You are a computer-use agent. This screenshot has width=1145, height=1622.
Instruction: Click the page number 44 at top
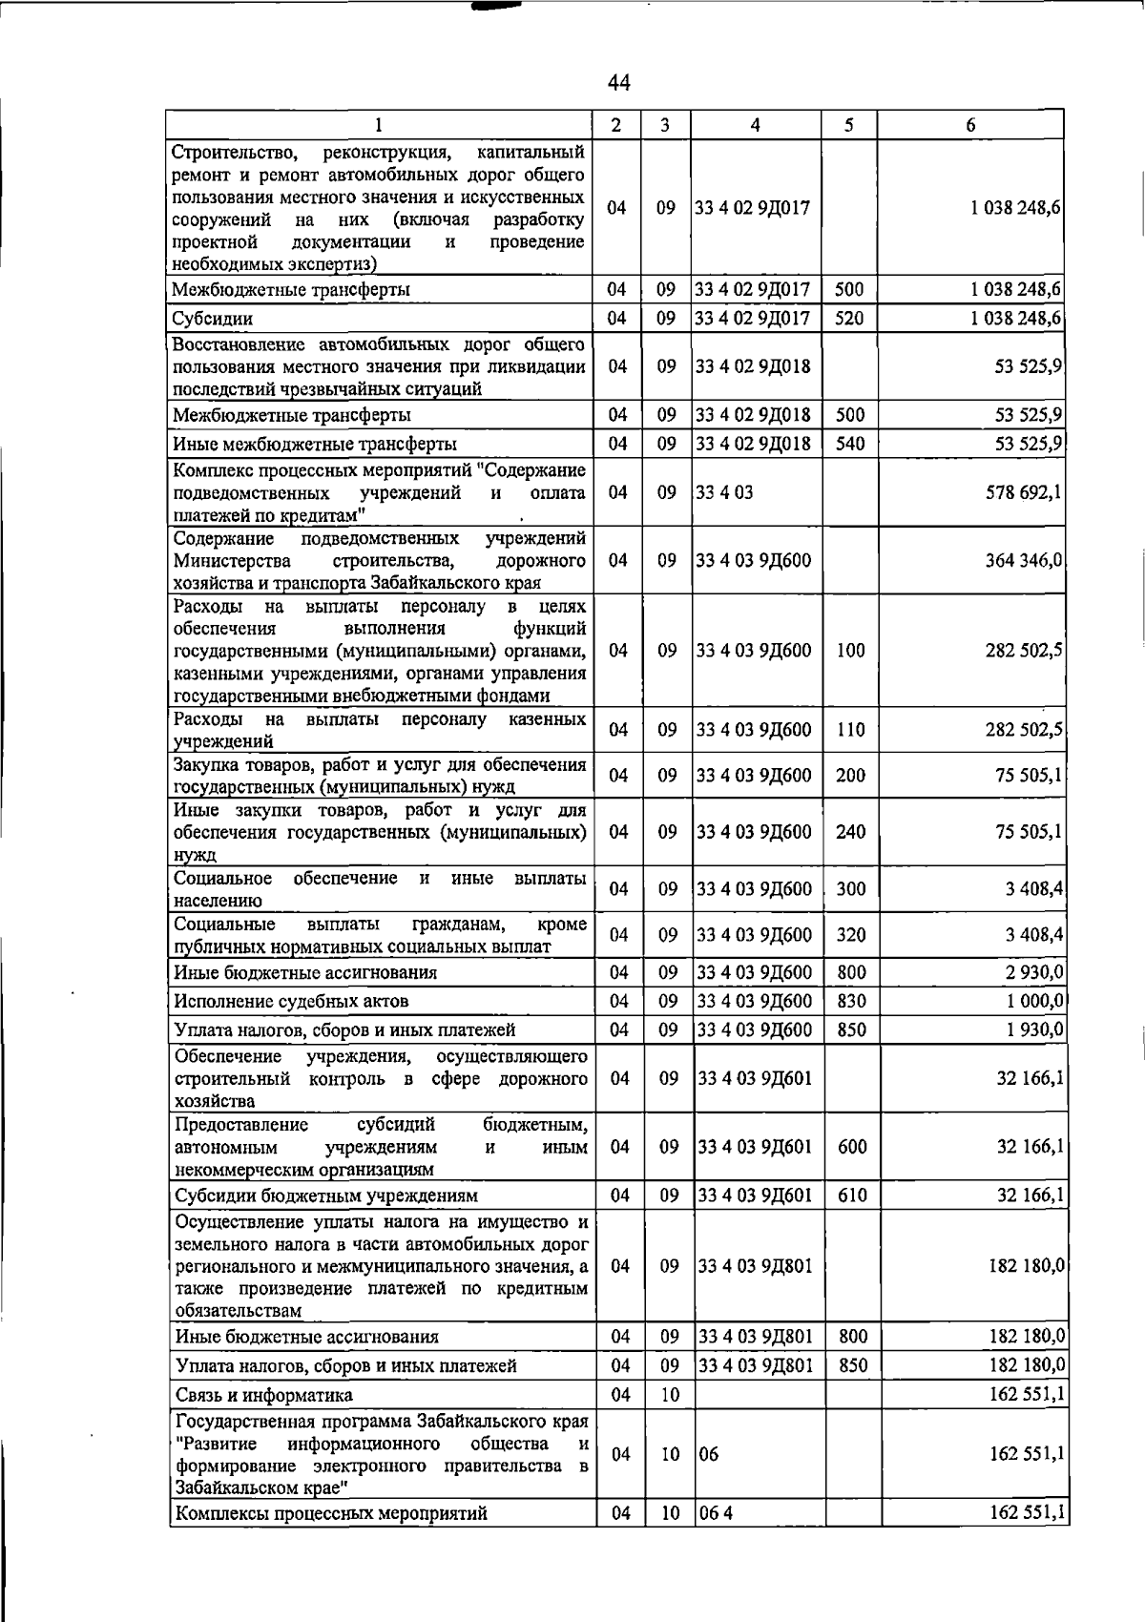point(618,83)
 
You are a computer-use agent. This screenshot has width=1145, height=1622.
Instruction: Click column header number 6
point(970,125)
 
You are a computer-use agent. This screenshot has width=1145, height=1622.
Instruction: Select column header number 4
point(755,125)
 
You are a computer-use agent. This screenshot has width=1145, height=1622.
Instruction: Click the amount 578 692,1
point(1024,492)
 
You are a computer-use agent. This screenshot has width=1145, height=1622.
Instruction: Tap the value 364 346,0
point(1024,560)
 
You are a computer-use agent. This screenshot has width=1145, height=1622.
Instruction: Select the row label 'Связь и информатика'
point(263,1395)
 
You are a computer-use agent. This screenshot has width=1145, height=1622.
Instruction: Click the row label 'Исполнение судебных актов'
point(291,1001)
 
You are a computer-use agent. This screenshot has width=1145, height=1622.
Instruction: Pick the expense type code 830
point(851,1001)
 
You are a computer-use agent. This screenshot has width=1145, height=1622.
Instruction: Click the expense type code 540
point(849,444)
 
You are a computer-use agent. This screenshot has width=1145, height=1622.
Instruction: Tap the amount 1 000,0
point(1034,1001)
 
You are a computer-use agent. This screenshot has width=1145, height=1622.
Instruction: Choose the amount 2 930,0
point(1034,972)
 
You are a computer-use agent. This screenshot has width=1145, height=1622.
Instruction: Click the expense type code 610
point(851,1196)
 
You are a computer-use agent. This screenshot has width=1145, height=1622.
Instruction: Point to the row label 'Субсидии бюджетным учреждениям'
point(325,1196)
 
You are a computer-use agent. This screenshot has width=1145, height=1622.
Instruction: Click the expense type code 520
point(849,319)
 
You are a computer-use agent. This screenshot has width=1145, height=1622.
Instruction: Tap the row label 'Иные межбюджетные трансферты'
point(315,444)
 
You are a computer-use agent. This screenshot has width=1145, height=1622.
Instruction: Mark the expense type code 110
point(851,730)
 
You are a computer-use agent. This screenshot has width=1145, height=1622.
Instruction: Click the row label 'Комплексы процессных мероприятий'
point(330,1513)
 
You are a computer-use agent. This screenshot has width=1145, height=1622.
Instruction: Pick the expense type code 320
point(851,935)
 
